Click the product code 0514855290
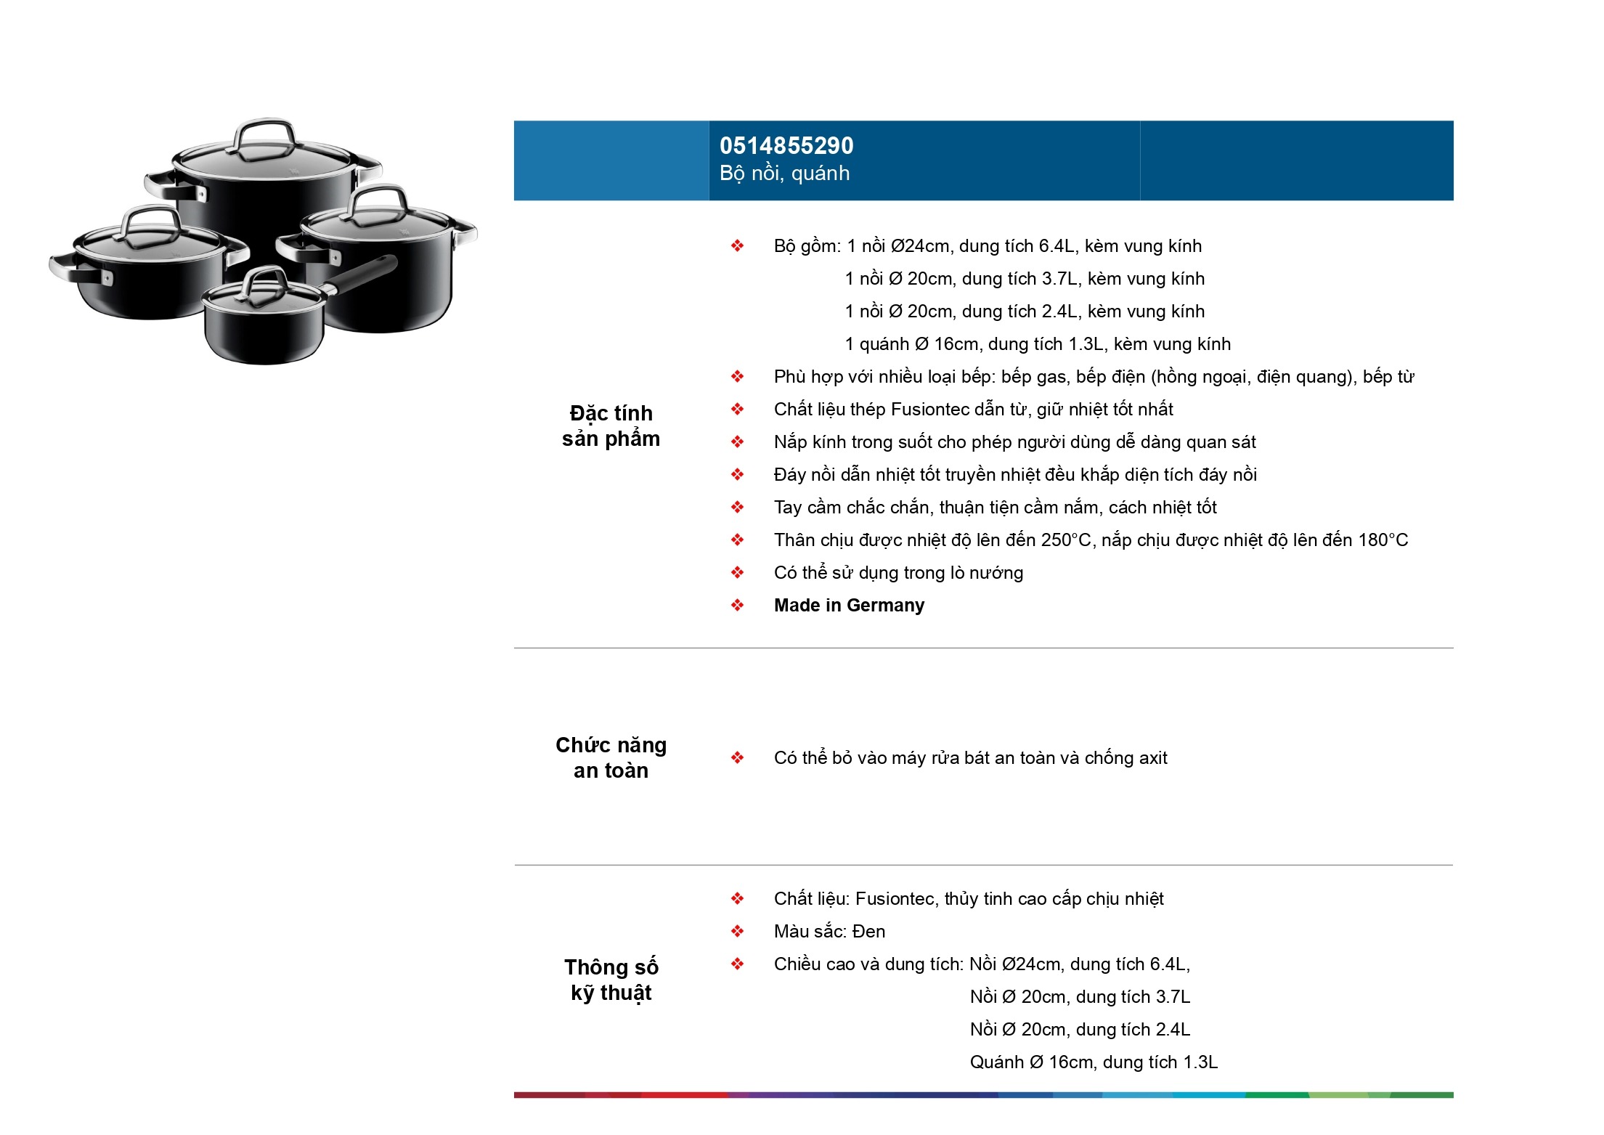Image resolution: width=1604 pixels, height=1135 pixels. [x=786, y=146]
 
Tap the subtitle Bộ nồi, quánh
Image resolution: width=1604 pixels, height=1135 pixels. [x=784, y=174]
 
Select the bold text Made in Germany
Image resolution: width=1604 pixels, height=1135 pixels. [x=849, y=606]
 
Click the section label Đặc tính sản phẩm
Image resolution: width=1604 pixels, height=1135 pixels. [x=611, y=426]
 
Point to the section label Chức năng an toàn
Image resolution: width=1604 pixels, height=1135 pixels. [x=611, y=758]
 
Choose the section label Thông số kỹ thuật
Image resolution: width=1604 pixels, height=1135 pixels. [x=611, y=980]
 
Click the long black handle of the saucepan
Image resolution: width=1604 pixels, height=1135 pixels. [x=365, y=273]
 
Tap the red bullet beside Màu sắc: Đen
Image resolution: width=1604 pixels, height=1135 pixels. [x=738, y=932]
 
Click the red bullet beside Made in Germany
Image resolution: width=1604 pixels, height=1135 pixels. [x=738, y=606]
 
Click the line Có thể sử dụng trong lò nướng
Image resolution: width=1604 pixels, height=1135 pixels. [x=898, y=573]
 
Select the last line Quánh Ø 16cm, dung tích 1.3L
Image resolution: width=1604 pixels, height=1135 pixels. [x=1094, y=1062]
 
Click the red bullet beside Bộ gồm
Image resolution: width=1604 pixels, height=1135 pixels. [x=738, y=246]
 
